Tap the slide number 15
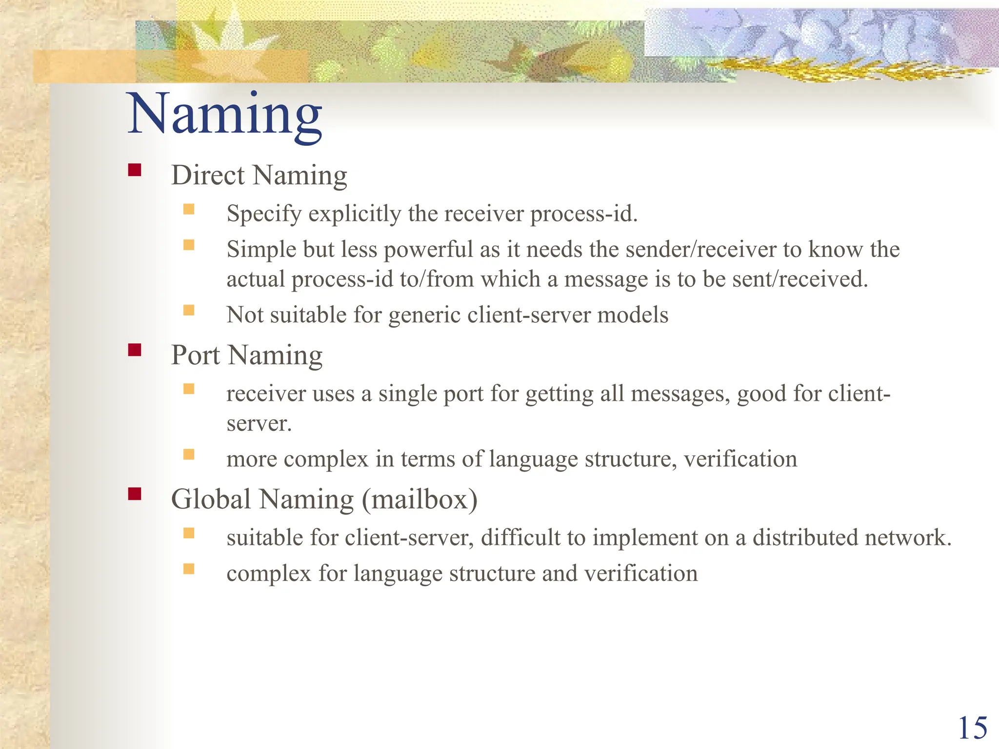(x=973, y=729)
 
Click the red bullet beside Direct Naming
(x=135, y=170)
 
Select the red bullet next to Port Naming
(x=135, y=350)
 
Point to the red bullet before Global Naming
(x=135, y=494)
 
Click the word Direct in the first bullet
(x=208, y=175)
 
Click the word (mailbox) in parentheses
(x=420, y=499)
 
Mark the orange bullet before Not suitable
(x=189, y=310)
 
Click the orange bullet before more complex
(x=189, y=454)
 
